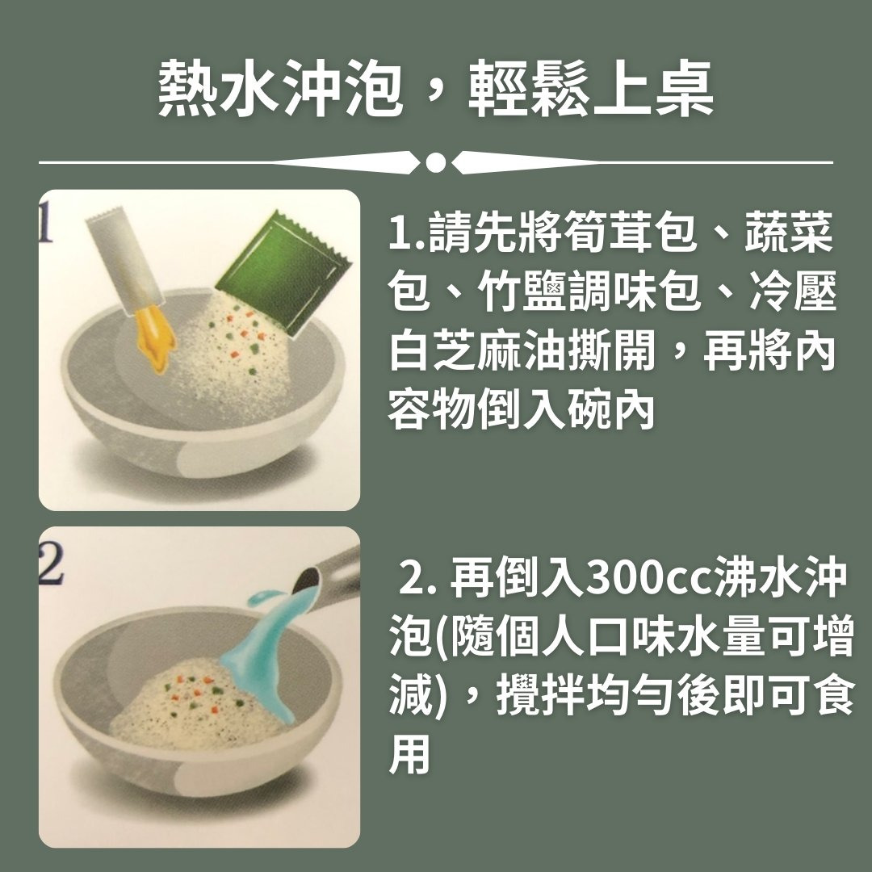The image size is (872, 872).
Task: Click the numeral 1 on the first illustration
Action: tap(45, 223)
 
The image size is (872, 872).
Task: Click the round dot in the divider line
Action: tap(436, 162)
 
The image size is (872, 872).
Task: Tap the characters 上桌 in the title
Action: tap(653, 88)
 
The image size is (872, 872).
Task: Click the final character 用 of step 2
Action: tap(410, 754)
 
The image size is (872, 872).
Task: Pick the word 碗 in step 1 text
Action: tap(587, 411)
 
